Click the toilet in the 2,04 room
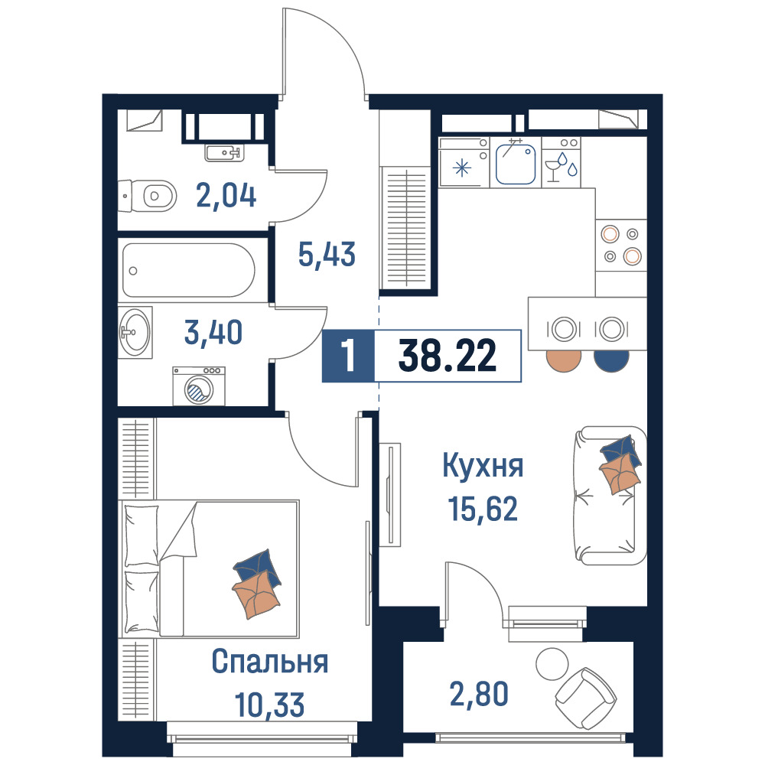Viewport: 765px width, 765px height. (148, 196)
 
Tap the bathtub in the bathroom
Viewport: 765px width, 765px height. (188, 270)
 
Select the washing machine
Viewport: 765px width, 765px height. (199, 386)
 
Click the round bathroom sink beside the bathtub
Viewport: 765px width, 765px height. (135, 332)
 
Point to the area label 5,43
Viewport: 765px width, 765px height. (327, 254)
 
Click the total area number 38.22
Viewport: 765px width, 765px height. (448, 356)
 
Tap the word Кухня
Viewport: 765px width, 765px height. (483, 466)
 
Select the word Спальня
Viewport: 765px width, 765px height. (270, 662)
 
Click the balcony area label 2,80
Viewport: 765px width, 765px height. (479, 695)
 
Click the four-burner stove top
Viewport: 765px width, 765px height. (621, 246)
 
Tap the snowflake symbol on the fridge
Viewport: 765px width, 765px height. (461, 169)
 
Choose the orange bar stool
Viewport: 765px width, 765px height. (564, 360)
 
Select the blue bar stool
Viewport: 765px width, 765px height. (611, 360)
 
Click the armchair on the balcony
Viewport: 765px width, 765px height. (586, 698)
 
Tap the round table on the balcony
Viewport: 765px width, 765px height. (552, 664)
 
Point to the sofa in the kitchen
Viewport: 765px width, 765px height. (610, 496)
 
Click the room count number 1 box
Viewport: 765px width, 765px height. (348, 356)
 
